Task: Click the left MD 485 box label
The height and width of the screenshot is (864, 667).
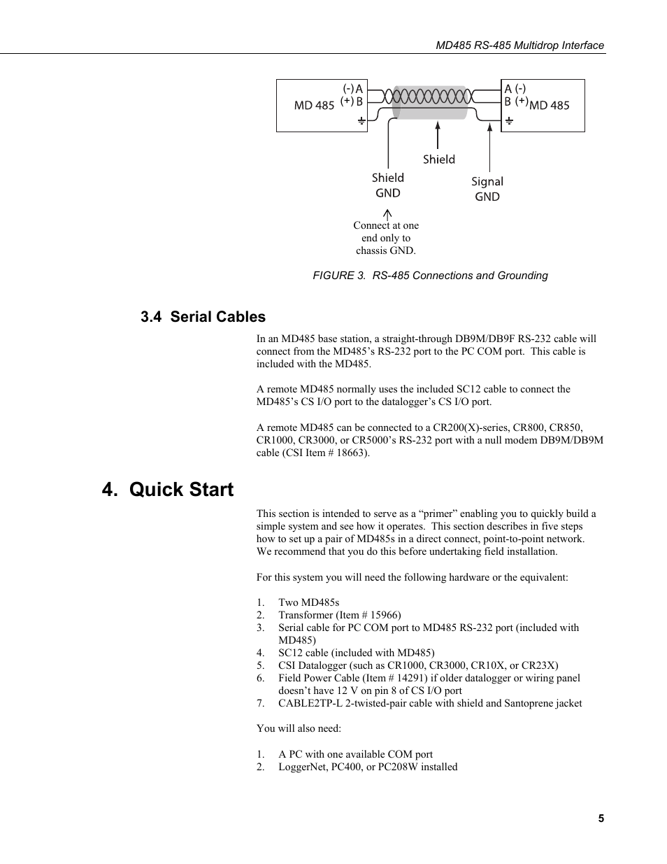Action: point(314,106)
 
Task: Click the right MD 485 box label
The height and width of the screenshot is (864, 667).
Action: point(550,106)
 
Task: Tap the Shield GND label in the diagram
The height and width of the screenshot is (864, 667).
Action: point(388,185)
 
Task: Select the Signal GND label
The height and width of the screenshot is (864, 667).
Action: point(487,189)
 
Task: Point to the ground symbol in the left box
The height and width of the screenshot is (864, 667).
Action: point(361,122)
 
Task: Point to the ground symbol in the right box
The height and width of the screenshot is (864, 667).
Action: point(509,122)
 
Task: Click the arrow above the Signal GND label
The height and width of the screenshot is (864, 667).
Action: point(489,147)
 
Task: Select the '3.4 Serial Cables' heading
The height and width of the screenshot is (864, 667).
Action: point(203,317)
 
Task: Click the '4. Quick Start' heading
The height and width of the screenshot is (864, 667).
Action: point(168,490)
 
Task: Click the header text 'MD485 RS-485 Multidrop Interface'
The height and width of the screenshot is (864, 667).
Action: point(519,45)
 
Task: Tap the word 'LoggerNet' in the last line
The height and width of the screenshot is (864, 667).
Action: point(301,767)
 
